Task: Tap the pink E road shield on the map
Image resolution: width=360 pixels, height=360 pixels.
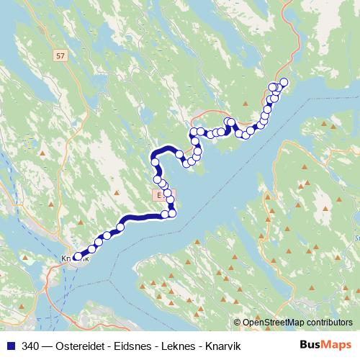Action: click(x=158, y=194)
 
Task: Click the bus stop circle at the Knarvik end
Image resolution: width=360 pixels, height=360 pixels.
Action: click(x=78, y=256)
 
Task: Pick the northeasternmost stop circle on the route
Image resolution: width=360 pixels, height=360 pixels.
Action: click(x=284, y=81)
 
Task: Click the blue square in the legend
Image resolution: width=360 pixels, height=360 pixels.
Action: click(x=10, y=345)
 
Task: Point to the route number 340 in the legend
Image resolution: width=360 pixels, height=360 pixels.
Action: click(x=31, y=345)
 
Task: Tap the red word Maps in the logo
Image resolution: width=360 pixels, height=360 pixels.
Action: click(x=337, y=344)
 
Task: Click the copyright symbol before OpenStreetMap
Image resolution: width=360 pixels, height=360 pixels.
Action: click(x=238, y=322)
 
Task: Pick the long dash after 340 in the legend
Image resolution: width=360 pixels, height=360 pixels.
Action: click(x=49, y=345)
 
